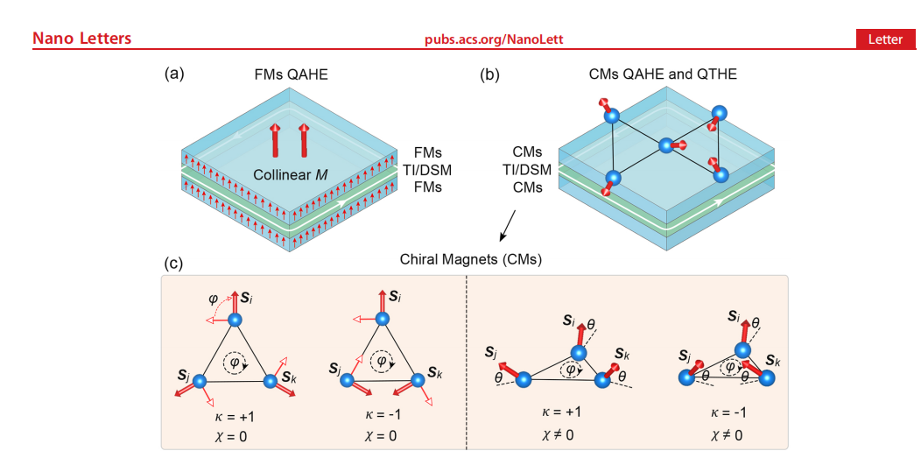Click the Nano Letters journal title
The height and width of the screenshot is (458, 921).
point(81,39)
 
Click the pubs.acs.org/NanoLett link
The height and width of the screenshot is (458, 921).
point(494,39)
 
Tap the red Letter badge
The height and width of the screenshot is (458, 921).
point(885,39)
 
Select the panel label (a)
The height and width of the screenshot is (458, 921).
point(174,74)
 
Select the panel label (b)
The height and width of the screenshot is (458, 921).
point(489,74)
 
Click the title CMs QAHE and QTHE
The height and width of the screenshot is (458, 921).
point(663,74)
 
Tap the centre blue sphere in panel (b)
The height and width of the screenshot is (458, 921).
point(666,145)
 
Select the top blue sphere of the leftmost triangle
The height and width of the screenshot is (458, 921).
point(234,320)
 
